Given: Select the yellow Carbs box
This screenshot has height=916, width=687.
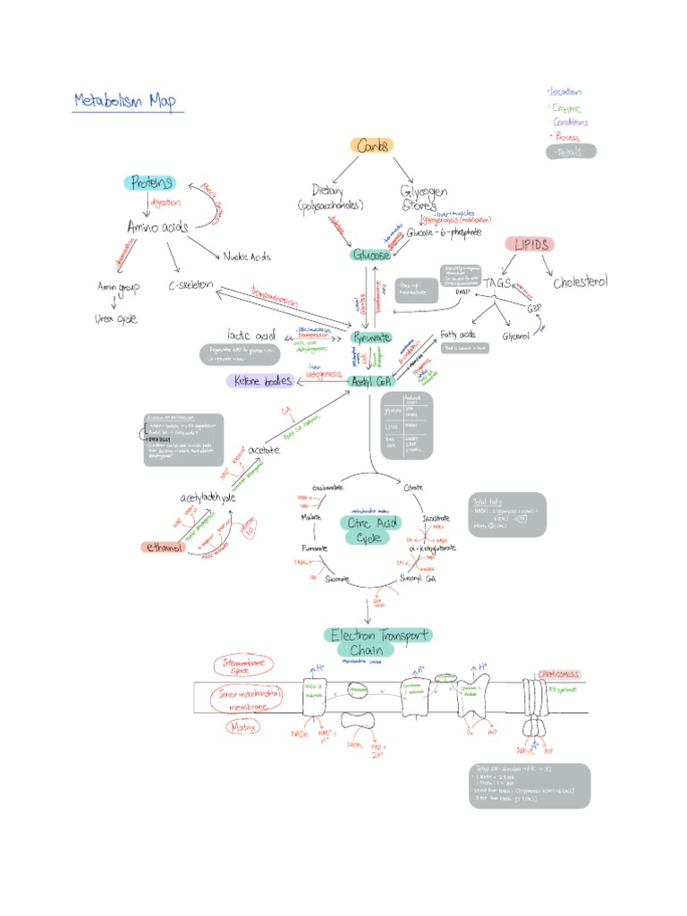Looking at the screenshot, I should [371, 145].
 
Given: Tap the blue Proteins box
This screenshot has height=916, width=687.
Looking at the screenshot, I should [148, 182].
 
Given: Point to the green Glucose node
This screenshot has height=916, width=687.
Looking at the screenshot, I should [370, 255].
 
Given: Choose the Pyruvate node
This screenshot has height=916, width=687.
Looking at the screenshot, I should [370, 337].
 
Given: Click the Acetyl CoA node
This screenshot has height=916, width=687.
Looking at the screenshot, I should [371, 381].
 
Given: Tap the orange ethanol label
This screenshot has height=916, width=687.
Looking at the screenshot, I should [163, 547].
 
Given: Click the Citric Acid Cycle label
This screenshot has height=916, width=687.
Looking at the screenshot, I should [369, 530].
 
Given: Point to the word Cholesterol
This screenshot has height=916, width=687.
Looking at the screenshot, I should [580, 282].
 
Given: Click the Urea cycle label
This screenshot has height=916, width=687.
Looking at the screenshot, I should [116, 318].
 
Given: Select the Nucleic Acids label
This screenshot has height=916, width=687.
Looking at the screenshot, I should [245, 257].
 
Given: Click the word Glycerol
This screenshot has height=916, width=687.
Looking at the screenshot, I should [518, 335].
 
